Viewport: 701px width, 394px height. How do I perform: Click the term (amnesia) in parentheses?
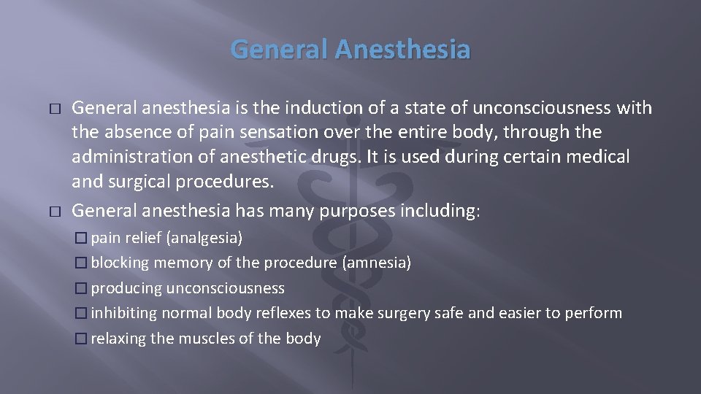click(376, 263)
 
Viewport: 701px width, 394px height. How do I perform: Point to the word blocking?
click(120, 263)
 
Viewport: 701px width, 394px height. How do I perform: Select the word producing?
click(126, 288)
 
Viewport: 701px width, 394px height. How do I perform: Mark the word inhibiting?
click(124, 313)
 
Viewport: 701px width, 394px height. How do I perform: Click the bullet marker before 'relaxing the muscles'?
click(81, 339)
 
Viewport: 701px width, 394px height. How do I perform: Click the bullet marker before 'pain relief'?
click(81, 238)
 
